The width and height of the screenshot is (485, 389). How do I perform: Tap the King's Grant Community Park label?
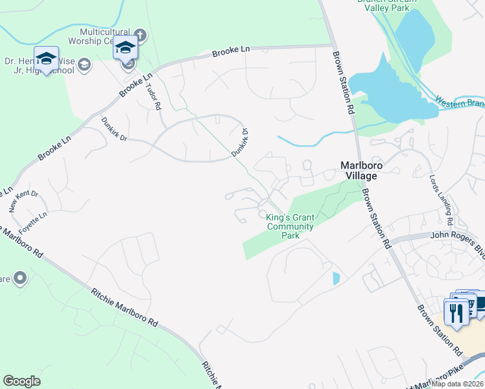[x=290, y=226]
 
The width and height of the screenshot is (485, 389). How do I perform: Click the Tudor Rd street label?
[x=154, y=97]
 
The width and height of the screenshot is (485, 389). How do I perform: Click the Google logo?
[x=22, y=381]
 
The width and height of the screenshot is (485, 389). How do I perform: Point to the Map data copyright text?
[x=458, y=384]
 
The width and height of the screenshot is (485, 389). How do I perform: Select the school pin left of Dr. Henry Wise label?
[x=47, y=58]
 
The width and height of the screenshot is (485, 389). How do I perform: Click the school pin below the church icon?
[x=126, y=49]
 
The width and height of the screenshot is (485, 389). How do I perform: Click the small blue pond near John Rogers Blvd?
[x=336, y=278]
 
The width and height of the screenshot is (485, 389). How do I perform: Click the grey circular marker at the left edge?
[x=20, y=278]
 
